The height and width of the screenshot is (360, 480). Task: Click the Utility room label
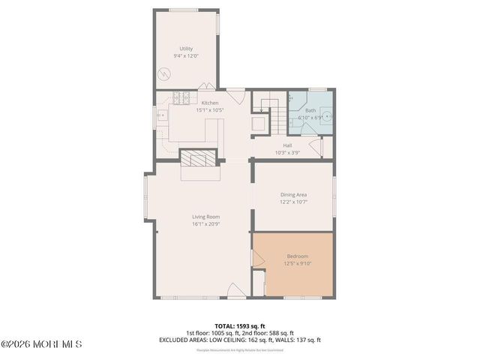[x=186, y=49]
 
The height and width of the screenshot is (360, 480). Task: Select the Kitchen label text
[x=209, y=103]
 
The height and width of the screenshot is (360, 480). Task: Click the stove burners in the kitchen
[x=181, y=97]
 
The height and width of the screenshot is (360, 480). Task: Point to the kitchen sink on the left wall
[x=160, y=115]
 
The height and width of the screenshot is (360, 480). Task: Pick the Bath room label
[x=310, y=110]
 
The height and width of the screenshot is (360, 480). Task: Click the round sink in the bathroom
[x=328, y=118]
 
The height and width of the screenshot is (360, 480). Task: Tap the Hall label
[x=287, y=145]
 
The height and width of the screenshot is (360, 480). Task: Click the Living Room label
[x=205, y=217]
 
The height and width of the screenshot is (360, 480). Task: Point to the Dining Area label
[x=293, y=195]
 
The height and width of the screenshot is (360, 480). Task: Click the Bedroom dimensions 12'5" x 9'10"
[x=297, y=263]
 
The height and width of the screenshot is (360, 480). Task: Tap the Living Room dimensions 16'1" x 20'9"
[x=205, y=223]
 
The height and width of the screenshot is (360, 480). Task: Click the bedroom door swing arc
[x=258, y=258]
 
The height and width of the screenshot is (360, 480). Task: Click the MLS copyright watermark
[x=41, y=345]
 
